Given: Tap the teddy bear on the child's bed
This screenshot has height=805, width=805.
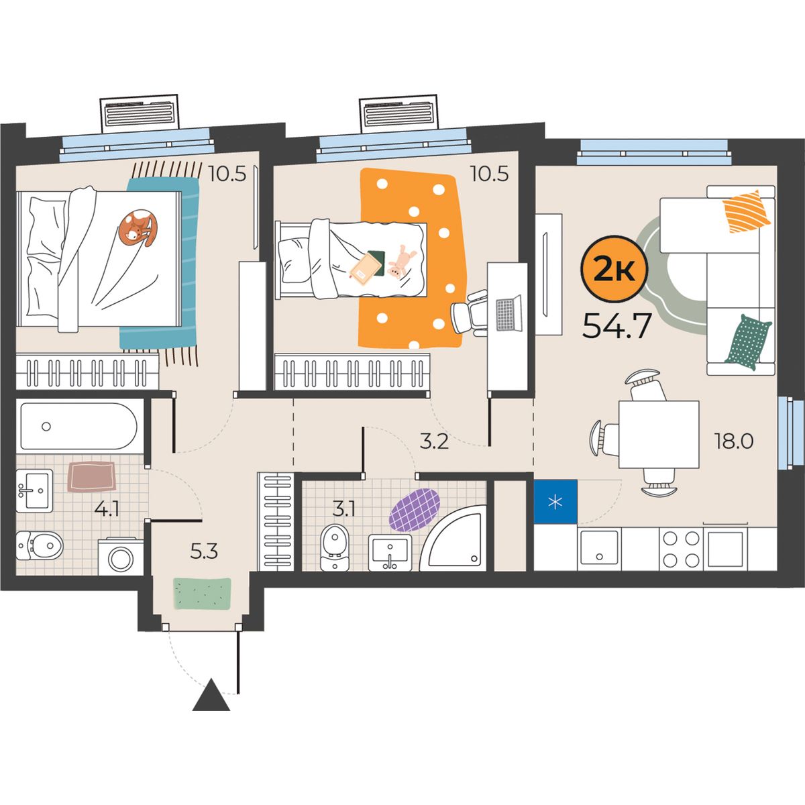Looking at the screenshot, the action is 400,262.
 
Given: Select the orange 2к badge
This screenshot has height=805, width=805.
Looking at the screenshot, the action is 614,269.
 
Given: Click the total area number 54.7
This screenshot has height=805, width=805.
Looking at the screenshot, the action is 616,325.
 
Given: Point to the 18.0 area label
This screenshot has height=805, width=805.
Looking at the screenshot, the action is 734,441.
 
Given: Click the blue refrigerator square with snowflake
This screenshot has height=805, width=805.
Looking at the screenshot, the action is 555,502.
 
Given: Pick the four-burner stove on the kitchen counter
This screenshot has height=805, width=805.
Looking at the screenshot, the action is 681,549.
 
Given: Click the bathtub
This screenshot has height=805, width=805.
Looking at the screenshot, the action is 78,426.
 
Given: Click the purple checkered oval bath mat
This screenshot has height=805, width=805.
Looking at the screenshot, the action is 415,510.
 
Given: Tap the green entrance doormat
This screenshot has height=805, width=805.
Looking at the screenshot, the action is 202,594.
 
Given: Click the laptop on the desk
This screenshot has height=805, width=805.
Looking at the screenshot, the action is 508,313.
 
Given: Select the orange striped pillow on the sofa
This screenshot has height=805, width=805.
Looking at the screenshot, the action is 747,211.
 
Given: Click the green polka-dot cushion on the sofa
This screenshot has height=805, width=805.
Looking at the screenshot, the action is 748,342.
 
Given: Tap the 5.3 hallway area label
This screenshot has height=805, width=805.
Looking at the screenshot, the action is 204,552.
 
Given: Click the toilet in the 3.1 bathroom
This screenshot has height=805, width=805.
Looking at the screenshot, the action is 334,547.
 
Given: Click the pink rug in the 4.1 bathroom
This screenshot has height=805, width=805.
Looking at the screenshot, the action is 91,477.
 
